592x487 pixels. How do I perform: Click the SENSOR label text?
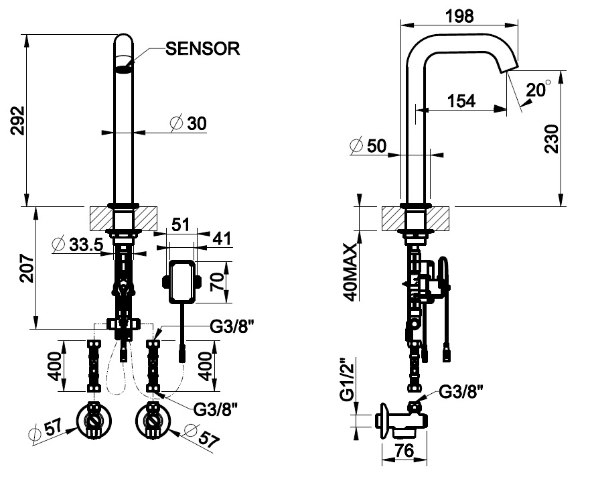[203, 49]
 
